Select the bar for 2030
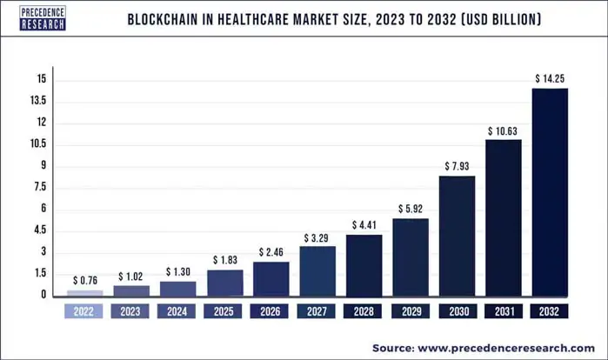(x=457, y=236)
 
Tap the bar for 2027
(x=317, y=270)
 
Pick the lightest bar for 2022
(x=85, y=292)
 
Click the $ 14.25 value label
(x=550, y=79)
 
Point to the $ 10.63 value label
(x=504, y=130)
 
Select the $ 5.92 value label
(x=411, y=209)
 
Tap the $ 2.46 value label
(x=271, y=252)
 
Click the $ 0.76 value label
(x=85, y=281)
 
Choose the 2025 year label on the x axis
(x=224, y=310)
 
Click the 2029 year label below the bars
(x=411, y=310)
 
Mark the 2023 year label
(x=131, y=310)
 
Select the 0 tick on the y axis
(x=42, y=295)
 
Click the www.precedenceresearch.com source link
(x=508, y=347)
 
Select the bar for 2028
(x=364, y=264)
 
